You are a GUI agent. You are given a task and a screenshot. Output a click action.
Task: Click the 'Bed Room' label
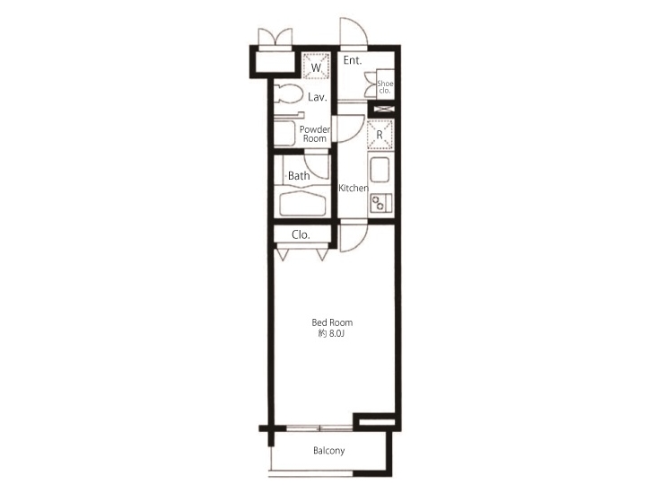[x=332, y=322]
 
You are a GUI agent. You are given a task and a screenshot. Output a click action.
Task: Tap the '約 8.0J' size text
[x=332, y=334]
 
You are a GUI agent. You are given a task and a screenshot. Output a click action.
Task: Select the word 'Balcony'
[x=328, y=451]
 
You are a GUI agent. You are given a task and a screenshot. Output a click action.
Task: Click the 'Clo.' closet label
[x=301, y=234]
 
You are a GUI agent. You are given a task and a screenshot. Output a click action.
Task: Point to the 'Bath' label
[x=299, y=176]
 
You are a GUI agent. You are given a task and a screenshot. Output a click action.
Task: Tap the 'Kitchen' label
[x=354, y=188]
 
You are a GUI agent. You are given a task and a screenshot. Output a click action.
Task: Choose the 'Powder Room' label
[x=315, y=134]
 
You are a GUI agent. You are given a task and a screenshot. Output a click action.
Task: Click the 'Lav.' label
[x=317, y=96]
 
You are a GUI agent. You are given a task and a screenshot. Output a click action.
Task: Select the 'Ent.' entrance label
[x=353, y=61]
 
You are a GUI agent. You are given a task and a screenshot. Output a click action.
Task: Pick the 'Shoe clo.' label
[x=385, y=87]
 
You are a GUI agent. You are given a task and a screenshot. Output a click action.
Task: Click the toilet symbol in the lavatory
[x=289, y=94]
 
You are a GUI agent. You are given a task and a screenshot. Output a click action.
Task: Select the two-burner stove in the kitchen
[x=381, y=203]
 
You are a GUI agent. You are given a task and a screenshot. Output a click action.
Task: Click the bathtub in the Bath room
[x=303, y=203]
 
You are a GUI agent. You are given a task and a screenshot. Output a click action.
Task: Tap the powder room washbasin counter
[x=287, y=134]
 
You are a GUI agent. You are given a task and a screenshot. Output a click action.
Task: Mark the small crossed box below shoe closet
[x=383, y=110]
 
